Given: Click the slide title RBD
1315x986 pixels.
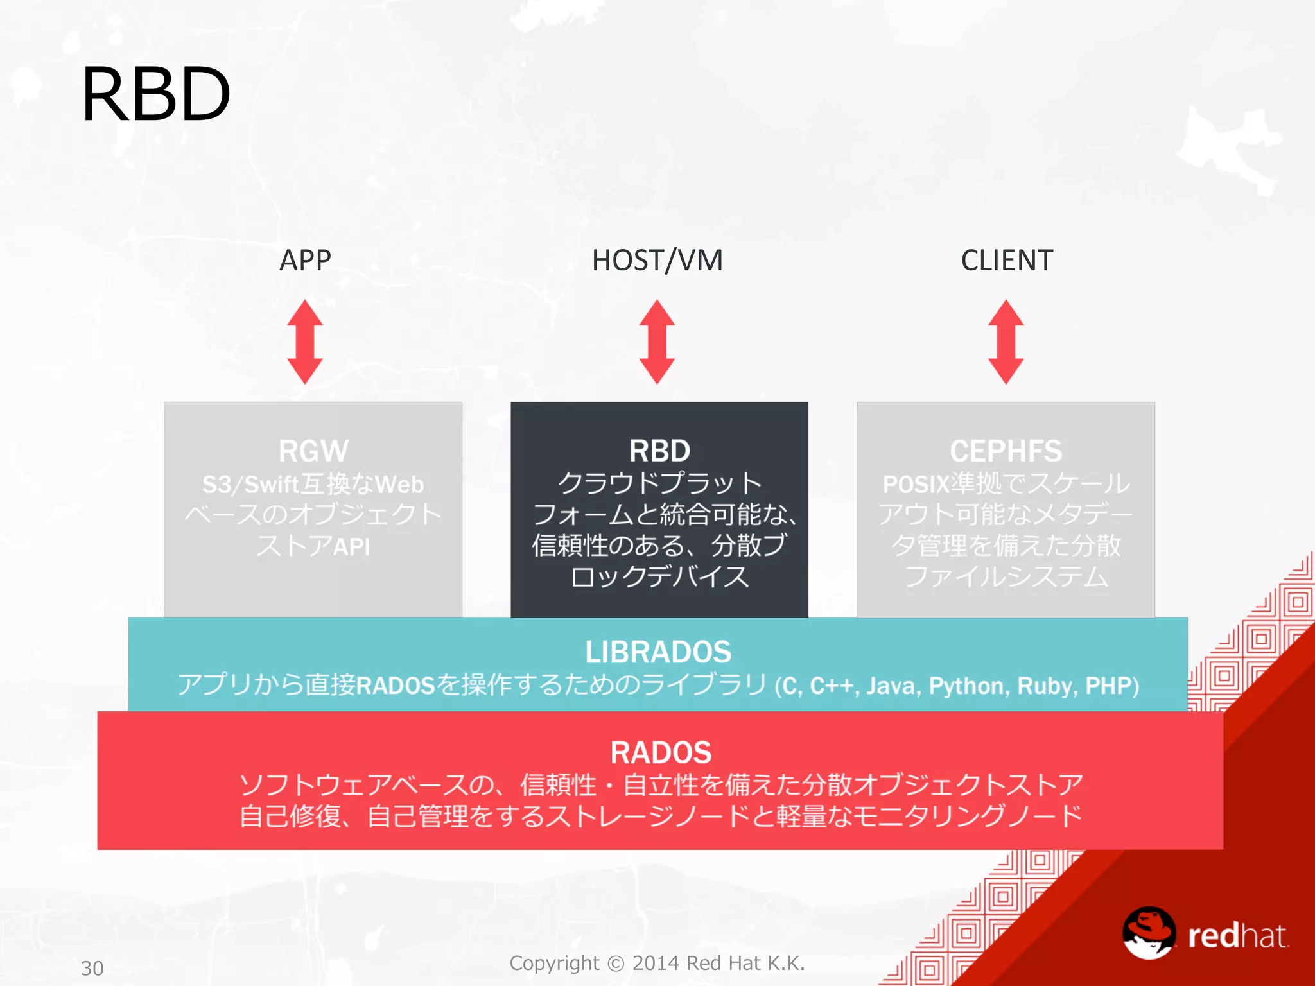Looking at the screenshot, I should point(156,94).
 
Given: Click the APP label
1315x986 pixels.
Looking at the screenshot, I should point(305,261).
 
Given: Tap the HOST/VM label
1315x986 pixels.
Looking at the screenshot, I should point(657,261).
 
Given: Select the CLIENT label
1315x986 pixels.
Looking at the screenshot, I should point(1007,261).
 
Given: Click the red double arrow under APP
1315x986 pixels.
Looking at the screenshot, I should point(305,342).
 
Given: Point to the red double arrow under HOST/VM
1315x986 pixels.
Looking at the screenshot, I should point(657,342).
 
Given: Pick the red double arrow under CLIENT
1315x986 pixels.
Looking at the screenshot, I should point(1006,342).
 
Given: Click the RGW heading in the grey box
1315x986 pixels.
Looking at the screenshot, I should point(313,451).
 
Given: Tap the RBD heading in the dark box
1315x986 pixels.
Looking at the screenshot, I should point(659,451).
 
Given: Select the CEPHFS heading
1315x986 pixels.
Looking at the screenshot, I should point(1006,451).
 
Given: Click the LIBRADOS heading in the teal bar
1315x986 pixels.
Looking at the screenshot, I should point(658,652).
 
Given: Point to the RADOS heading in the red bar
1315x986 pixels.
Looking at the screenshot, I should point(661,752).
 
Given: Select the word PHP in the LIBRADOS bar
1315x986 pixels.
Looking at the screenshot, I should point(1110,686).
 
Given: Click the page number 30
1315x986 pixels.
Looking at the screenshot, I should point(92,968).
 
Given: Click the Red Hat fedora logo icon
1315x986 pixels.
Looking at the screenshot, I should point(1149,933).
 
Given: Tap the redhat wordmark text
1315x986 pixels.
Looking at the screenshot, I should point(1237,937).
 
